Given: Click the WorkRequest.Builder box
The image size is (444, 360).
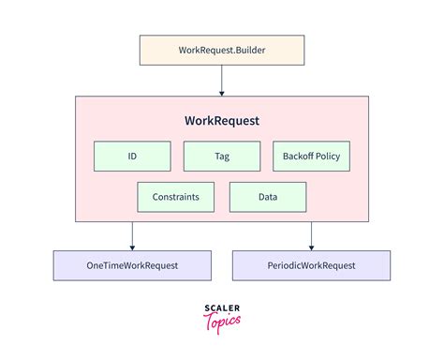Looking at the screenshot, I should [x=221, y=50].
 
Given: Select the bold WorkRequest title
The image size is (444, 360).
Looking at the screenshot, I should [x=222, y=122].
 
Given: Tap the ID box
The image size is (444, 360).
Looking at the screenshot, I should [x=132, y=157].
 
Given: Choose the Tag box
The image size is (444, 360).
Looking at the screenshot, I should [x=221, y=157].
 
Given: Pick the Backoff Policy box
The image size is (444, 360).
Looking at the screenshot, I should [x=311, y=157].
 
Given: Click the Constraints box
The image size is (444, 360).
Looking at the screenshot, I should [x=175, y=197].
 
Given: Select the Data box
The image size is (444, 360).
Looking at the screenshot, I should [x=267, y=197].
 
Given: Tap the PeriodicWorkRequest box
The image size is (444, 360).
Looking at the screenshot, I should [x=312, y=265].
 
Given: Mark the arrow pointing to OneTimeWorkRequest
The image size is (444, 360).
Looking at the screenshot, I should [x=132, y=235].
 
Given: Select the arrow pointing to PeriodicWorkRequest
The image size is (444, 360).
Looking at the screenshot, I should [x=311, y=235].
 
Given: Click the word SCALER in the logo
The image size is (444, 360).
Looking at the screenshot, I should [x=222, y=307].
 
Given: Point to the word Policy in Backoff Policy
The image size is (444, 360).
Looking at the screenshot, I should [x=329, y=157].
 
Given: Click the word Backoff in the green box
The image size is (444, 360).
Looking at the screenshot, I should [x=298, y=157].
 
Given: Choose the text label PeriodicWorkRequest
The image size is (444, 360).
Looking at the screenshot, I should [x=312, y=265].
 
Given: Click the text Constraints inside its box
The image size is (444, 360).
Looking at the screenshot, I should [x=175, y=197].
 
